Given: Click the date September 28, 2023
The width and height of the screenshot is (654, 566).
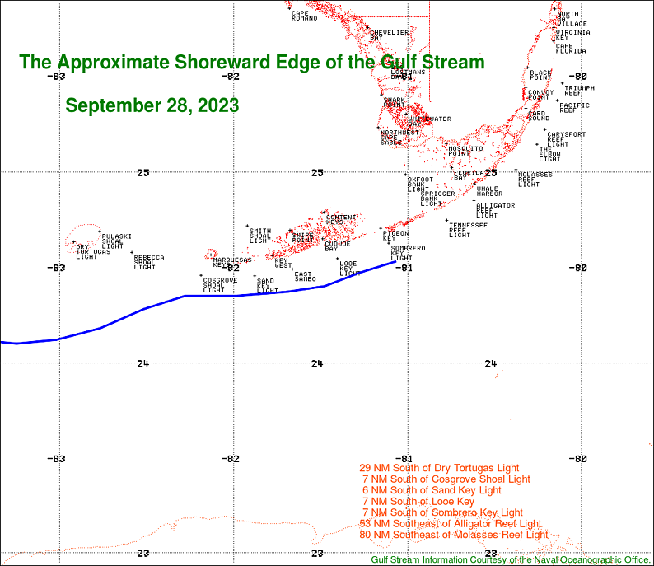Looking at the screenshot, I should click(x=152, y=106).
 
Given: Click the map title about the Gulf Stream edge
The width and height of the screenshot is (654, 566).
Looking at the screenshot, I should click(x=252, y=63).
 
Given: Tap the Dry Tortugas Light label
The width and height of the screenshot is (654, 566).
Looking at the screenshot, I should click(x=86, y=251).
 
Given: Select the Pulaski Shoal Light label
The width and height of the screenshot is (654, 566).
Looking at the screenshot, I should click(x=116, y=241).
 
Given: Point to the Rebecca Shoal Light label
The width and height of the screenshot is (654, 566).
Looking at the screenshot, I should click(x=148, y=262).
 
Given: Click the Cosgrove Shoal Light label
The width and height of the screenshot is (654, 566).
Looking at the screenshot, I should click(x=220, y=285).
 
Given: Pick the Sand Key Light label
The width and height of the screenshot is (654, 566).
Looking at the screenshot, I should click(x=267, y=286).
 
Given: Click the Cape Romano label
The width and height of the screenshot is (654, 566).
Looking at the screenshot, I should click(x=304, y=16).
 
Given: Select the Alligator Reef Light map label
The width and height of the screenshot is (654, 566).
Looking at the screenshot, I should click(x=495, y=210).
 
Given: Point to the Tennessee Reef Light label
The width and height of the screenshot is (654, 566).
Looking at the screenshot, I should click(x=467, y=230).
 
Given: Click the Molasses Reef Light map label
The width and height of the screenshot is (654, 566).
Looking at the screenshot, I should click(x=535, y=179).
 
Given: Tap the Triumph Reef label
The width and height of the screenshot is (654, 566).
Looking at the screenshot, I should click(x=579, y=91).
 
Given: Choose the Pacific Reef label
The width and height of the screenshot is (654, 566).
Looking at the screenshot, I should click(x=573, y=107).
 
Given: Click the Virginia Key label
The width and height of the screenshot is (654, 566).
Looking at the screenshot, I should click(x=572, y=34).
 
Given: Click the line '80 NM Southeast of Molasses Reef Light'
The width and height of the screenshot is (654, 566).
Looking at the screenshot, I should click(x=454, y=535).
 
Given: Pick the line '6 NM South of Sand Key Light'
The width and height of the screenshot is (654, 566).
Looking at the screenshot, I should click(x=432, y=490).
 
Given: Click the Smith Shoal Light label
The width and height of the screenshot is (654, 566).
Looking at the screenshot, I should click(x=260, y=236).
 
